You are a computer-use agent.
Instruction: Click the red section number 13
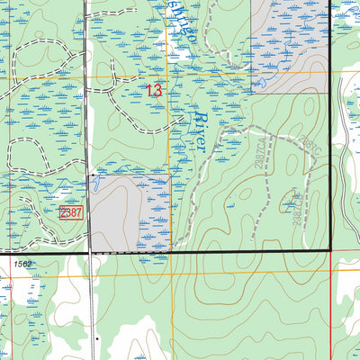point(154,90)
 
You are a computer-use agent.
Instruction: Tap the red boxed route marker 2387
point(71,212)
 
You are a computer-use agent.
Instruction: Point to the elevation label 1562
point(23,263)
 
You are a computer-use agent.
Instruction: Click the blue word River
point(202,131)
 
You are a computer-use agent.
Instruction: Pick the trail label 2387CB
point(295,208)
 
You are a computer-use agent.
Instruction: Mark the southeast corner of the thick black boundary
point(330,249)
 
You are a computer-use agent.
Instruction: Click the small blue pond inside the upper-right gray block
point(263,84)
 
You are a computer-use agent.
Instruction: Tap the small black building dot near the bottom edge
point(97,338)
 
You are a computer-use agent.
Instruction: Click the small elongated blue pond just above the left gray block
point(95,182)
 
